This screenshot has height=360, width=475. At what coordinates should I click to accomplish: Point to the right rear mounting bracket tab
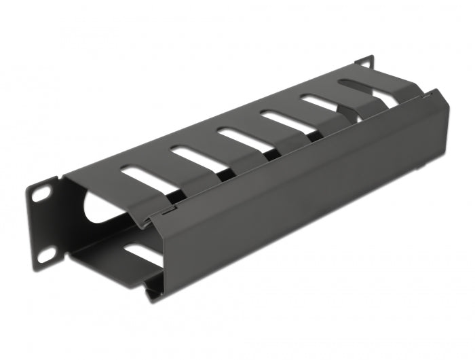(364, 62)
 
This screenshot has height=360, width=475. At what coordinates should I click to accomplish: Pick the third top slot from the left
(241, 135)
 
